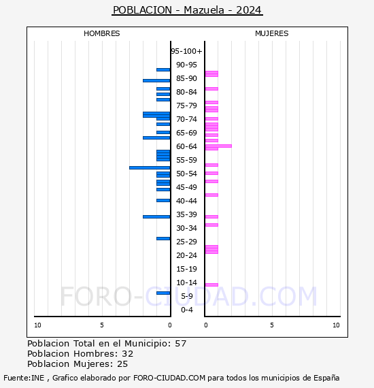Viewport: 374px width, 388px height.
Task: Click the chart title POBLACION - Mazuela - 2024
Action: point(187,10)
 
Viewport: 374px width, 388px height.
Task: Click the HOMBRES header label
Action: point(101,33)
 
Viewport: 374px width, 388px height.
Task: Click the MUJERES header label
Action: point(271,33)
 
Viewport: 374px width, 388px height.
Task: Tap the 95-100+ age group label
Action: point(186,51)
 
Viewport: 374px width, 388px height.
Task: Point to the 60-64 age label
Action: point(186,146)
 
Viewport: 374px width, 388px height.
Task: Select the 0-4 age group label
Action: point(187,310)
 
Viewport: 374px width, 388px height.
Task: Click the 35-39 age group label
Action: point(186,214)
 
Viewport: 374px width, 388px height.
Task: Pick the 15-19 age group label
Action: point(186,269)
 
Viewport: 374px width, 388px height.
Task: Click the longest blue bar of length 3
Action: point(150,167)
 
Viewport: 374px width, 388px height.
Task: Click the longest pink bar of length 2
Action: point(218,146)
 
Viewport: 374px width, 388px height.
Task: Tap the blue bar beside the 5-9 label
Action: point(163,293)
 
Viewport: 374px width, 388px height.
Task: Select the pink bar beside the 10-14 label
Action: point(211,285)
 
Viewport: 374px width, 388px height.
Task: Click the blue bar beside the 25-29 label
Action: point(163,238)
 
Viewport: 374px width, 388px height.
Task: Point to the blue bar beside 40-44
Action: point(163,200)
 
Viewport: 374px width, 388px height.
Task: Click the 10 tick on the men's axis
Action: point(37,325)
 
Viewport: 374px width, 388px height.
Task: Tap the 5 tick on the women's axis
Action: point(271,325)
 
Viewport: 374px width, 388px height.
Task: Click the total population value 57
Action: point(180,344)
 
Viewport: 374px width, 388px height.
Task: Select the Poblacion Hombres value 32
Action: point(127,354)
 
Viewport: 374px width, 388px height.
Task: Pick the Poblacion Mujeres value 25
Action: point(122,364)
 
